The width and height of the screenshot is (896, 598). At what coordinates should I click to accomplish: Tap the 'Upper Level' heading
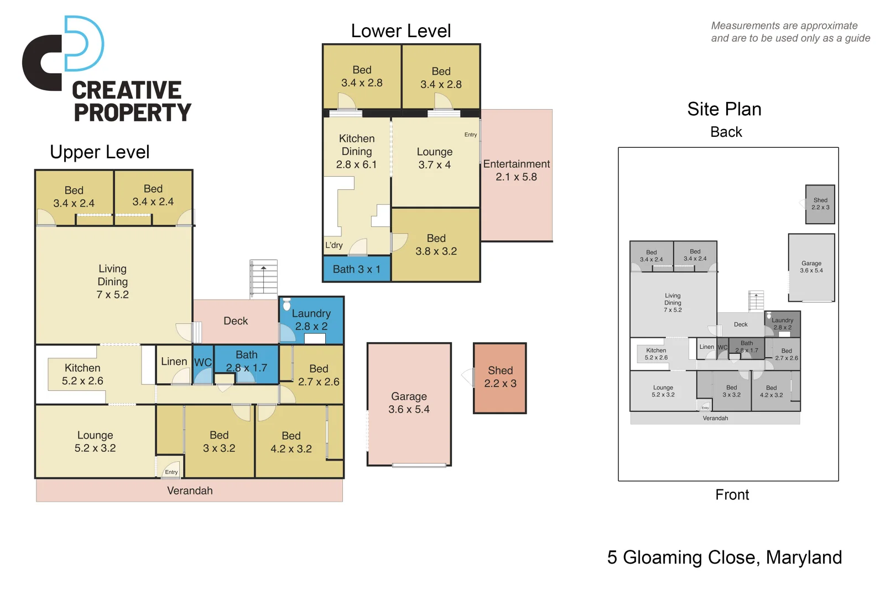click(100, 152)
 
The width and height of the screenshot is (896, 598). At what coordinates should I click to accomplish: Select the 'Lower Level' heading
click(400, 31)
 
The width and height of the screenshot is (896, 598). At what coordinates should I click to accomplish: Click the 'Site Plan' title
click(724, 109)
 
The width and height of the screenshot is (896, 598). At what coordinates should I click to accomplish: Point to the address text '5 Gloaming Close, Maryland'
click(724, 557)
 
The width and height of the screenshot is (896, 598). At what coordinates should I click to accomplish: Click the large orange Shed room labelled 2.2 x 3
click(500, 378)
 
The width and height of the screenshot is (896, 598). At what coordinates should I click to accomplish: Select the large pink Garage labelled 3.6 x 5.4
click(409, 404)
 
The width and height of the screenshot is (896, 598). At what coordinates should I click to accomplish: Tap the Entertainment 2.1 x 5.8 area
click(517, 171)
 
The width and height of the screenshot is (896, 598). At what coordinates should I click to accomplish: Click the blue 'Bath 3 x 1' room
click(356, 270)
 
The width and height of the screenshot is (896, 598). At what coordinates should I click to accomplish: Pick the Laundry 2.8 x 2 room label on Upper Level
click(311, 320)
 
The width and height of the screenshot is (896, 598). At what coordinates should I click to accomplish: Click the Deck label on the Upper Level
click(236, 321)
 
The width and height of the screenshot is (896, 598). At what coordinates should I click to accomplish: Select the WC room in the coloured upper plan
click(203, 363)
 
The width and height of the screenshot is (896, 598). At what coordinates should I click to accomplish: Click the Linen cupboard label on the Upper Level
click(174, 362)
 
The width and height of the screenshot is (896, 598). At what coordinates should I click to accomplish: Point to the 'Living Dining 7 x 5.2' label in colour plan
click(113, 282)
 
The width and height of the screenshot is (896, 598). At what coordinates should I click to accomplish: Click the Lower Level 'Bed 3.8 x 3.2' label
click(436, 245)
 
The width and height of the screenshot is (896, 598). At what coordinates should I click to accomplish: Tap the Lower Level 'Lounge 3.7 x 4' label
click(434, 158)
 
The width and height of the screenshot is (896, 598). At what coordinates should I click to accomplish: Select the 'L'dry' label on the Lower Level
click(334, 245)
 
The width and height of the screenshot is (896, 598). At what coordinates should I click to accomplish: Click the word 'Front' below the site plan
click(732, 494)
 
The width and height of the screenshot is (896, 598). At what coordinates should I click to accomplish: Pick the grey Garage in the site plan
click(811, 267)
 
